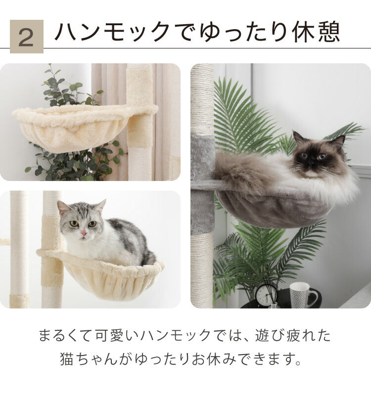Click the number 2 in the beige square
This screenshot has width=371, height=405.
(26, 37)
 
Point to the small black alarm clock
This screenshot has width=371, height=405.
(266, 295)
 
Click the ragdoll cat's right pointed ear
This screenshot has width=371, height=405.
(338, 141)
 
